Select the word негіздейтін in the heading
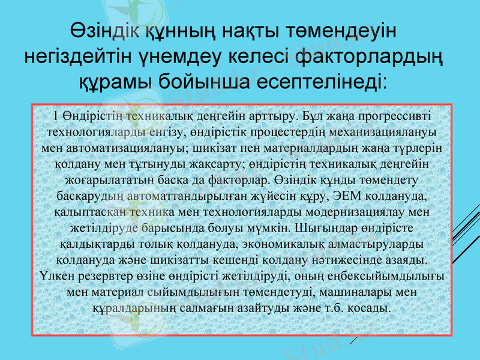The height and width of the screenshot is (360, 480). tap(82, 56)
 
